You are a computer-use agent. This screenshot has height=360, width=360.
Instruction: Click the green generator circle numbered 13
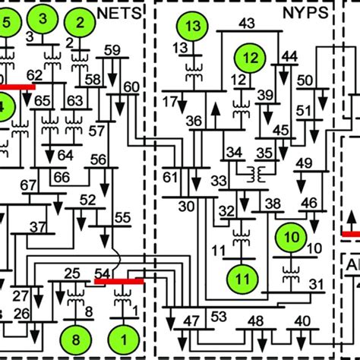[x=194, y=27]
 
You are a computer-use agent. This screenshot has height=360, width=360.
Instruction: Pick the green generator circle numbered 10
[x=290, y=236]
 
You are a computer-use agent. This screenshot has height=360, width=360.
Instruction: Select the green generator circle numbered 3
[x=43, y=17]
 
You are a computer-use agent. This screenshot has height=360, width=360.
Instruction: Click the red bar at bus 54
[x=119, y=280]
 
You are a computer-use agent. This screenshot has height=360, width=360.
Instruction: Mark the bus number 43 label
[x=246, y=24]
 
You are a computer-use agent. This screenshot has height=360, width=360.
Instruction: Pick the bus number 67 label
[x=28, y=185]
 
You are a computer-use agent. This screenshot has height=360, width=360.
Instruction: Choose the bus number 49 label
[x=305, y=163]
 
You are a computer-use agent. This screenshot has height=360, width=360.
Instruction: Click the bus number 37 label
[x=38, y=226]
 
